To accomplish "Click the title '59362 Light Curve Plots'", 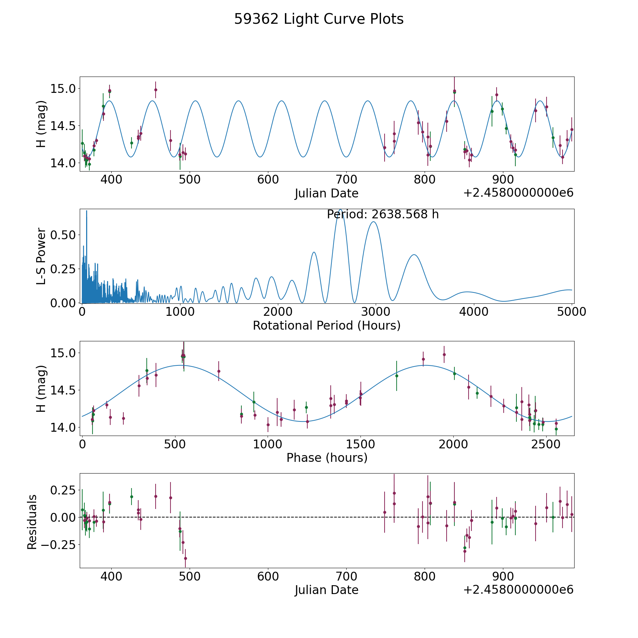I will pyautogui.click(x=319, y=19).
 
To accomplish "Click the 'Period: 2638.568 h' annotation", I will pyautogui.click(x=383, y=214).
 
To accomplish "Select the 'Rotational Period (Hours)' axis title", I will pyautogui.click(x=326, y=325).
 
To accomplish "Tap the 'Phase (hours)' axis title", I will pyautogui.click(x=327, y=458).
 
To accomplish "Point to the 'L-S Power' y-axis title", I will pyautogui.click(x=41, y=256).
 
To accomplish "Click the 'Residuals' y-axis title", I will pyautogui.click(x=32, y=522).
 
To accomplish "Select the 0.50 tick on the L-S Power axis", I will pyautogui.click(x=63, y=235).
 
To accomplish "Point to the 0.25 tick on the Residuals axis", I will pyautogui.click(x=63, y=490).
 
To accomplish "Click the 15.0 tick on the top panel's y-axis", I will pyautogui.click(x=63, y=88).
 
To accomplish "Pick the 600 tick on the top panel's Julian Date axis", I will pyautogui.click(x=268, y=180).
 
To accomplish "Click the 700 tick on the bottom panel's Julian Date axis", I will pyautogui.click(x=346, y=576).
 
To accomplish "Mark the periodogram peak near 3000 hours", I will pyautogui.click(x=373, y=222).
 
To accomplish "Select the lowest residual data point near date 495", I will pyautogui.click(x=185, y=558).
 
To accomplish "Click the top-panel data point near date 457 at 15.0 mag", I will pyautogui.click(x=156, y=90).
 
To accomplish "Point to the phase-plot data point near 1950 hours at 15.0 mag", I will pyautogui.click(x=444, y=354).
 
